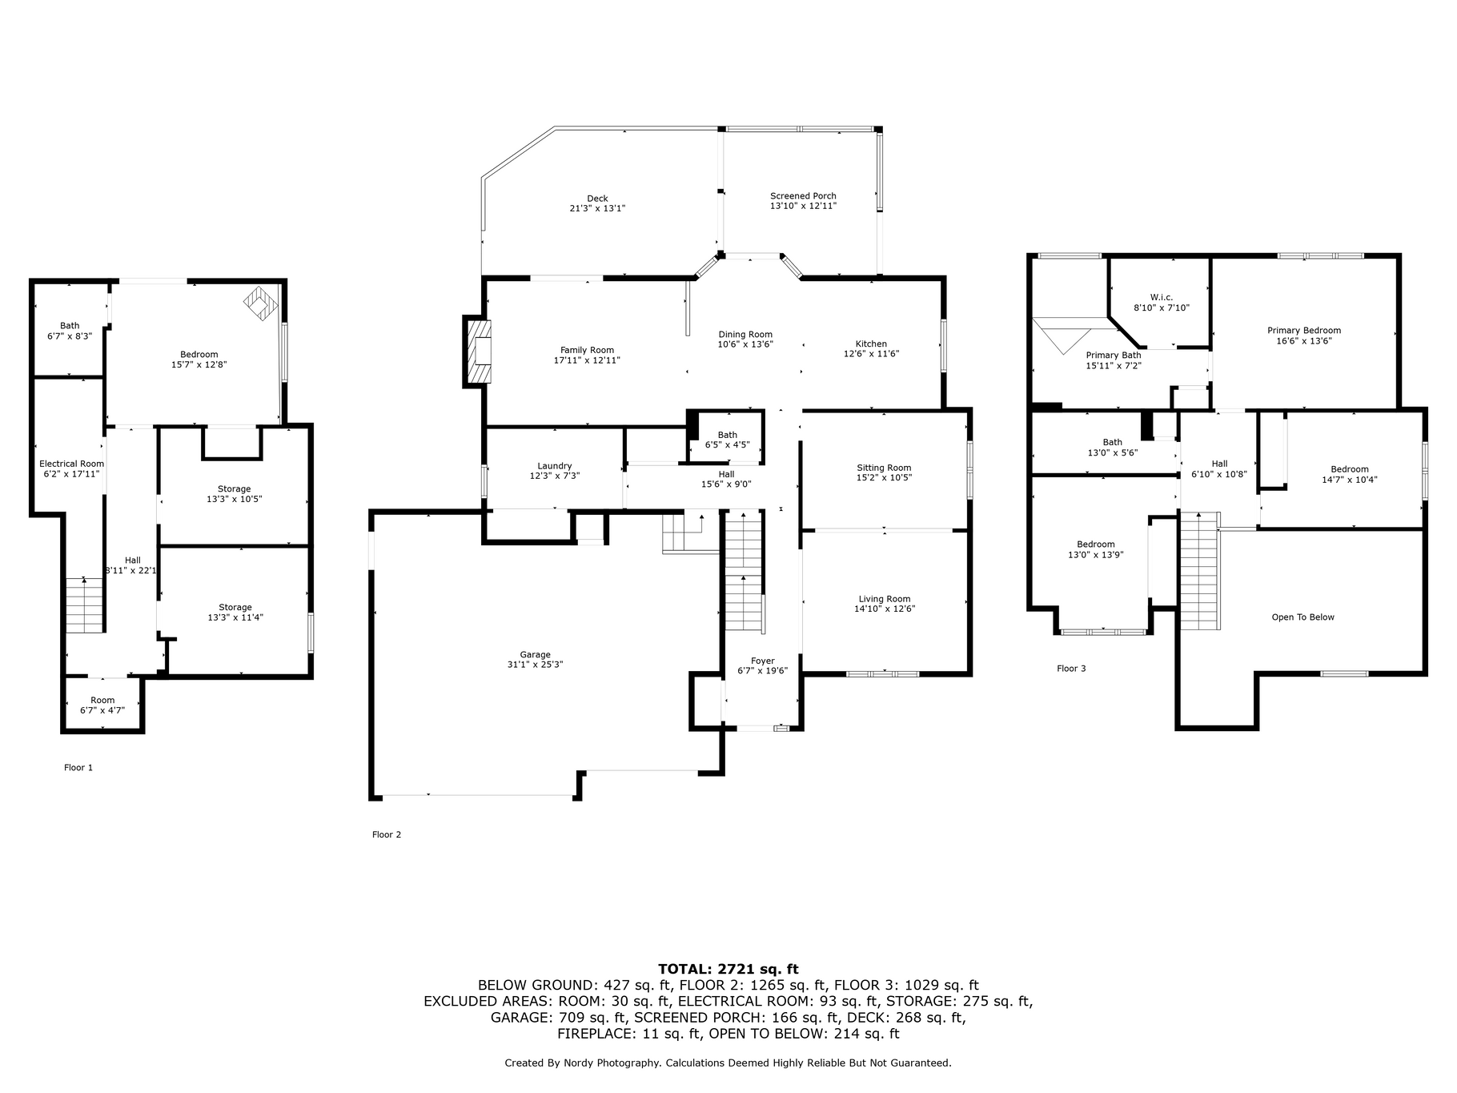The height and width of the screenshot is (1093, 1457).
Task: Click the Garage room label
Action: coord(536,654)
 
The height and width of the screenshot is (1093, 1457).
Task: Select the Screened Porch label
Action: coord(803,196)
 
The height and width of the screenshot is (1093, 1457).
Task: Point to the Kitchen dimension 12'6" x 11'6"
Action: coord(871,354)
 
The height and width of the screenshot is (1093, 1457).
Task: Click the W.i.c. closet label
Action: coord(1162,297)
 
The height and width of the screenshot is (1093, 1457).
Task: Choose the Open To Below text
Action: coord(1303,617)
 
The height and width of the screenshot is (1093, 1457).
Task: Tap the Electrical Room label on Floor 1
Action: coord(72,464)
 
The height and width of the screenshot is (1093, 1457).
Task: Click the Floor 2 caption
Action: coord(387,834)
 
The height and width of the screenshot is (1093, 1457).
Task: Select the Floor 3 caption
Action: coord(1071,669)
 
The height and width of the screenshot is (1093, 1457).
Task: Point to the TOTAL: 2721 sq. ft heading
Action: coord(728,969)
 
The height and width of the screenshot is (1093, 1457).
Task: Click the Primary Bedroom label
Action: coord(1304,331)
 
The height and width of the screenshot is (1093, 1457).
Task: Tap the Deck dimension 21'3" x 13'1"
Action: coord(597,208)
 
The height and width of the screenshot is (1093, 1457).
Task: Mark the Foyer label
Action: coord(763,661)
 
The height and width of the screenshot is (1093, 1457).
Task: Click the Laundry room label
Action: coord(555,466)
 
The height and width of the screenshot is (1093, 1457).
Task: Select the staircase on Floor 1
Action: coord(85,605)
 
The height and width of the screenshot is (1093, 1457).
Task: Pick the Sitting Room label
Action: coord(884,468)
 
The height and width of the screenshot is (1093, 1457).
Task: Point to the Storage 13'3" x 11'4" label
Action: coord(235,613)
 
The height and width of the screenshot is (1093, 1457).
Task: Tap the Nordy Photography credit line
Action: coord(728,1063)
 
